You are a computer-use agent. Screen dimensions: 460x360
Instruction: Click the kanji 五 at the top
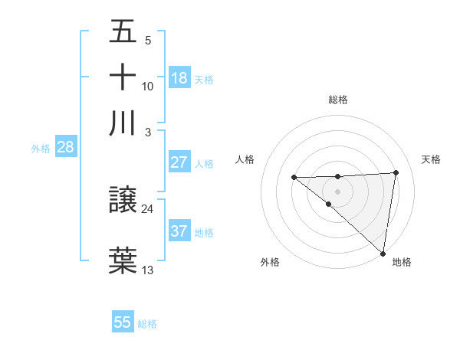(x=123, y=32)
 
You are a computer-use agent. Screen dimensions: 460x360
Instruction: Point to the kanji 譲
(x=123, y=201)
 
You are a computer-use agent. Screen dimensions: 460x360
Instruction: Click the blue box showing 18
(x=179, y=77)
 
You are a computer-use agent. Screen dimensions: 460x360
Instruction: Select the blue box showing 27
(x=179, y=162)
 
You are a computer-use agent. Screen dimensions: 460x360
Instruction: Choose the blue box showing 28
(x=65, y=147)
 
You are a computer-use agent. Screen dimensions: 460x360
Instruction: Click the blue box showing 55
(x=123, y=322)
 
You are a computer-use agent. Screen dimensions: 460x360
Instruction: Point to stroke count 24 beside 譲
(x=147, y=208)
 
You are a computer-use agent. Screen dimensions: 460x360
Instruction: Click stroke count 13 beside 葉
(x=148, y=270)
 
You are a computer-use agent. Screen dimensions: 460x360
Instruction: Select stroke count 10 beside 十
(x=148, y=86)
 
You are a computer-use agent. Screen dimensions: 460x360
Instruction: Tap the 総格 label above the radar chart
(x=338, y=100)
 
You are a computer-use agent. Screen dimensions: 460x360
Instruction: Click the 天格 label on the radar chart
(x=431, y=159)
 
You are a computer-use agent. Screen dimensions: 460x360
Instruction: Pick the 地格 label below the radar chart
(x=402, y=262)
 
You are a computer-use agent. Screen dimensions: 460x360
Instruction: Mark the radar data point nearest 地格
(x=383, y=253)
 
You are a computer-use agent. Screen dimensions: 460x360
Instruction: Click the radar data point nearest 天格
(x=396, y=172)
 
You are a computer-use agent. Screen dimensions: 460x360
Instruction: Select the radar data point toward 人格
(x=294, y=177)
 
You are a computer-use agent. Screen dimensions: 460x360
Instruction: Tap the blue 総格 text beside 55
(x=147, y=324)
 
